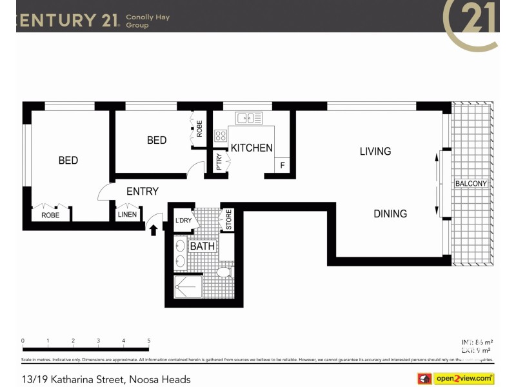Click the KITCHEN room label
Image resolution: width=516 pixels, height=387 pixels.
[252, 148]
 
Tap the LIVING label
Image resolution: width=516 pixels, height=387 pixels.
[375, 152]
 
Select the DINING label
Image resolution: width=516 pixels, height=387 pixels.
[390, 213]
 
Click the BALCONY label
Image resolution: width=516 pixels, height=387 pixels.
[471, 184]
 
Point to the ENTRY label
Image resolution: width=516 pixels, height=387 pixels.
[142, 192]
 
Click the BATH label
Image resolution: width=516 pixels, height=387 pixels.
[202, 246]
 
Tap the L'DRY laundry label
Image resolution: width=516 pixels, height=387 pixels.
[183, 221]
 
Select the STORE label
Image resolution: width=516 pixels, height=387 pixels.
[228, 219]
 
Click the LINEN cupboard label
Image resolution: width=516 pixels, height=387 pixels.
[127, 215]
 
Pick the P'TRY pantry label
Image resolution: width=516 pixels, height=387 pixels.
[219, 161]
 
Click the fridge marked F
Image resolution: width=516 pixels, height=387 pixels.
[282, 166]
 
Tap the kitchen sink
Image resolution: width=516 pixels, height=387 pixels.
[249, 118]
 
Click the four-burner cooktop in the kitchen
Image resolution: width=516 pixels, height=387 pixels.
[221, 135]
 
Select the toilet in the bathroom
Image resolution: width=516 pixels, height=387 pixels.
[224, 272]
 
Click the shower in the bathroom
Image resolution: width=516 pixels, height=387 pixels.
[188, 287]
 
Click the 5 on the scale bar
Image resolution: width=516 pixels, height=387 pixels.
[148, 341]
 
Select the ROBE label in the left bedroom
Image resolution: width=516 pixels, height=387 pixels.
[50, 215]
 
